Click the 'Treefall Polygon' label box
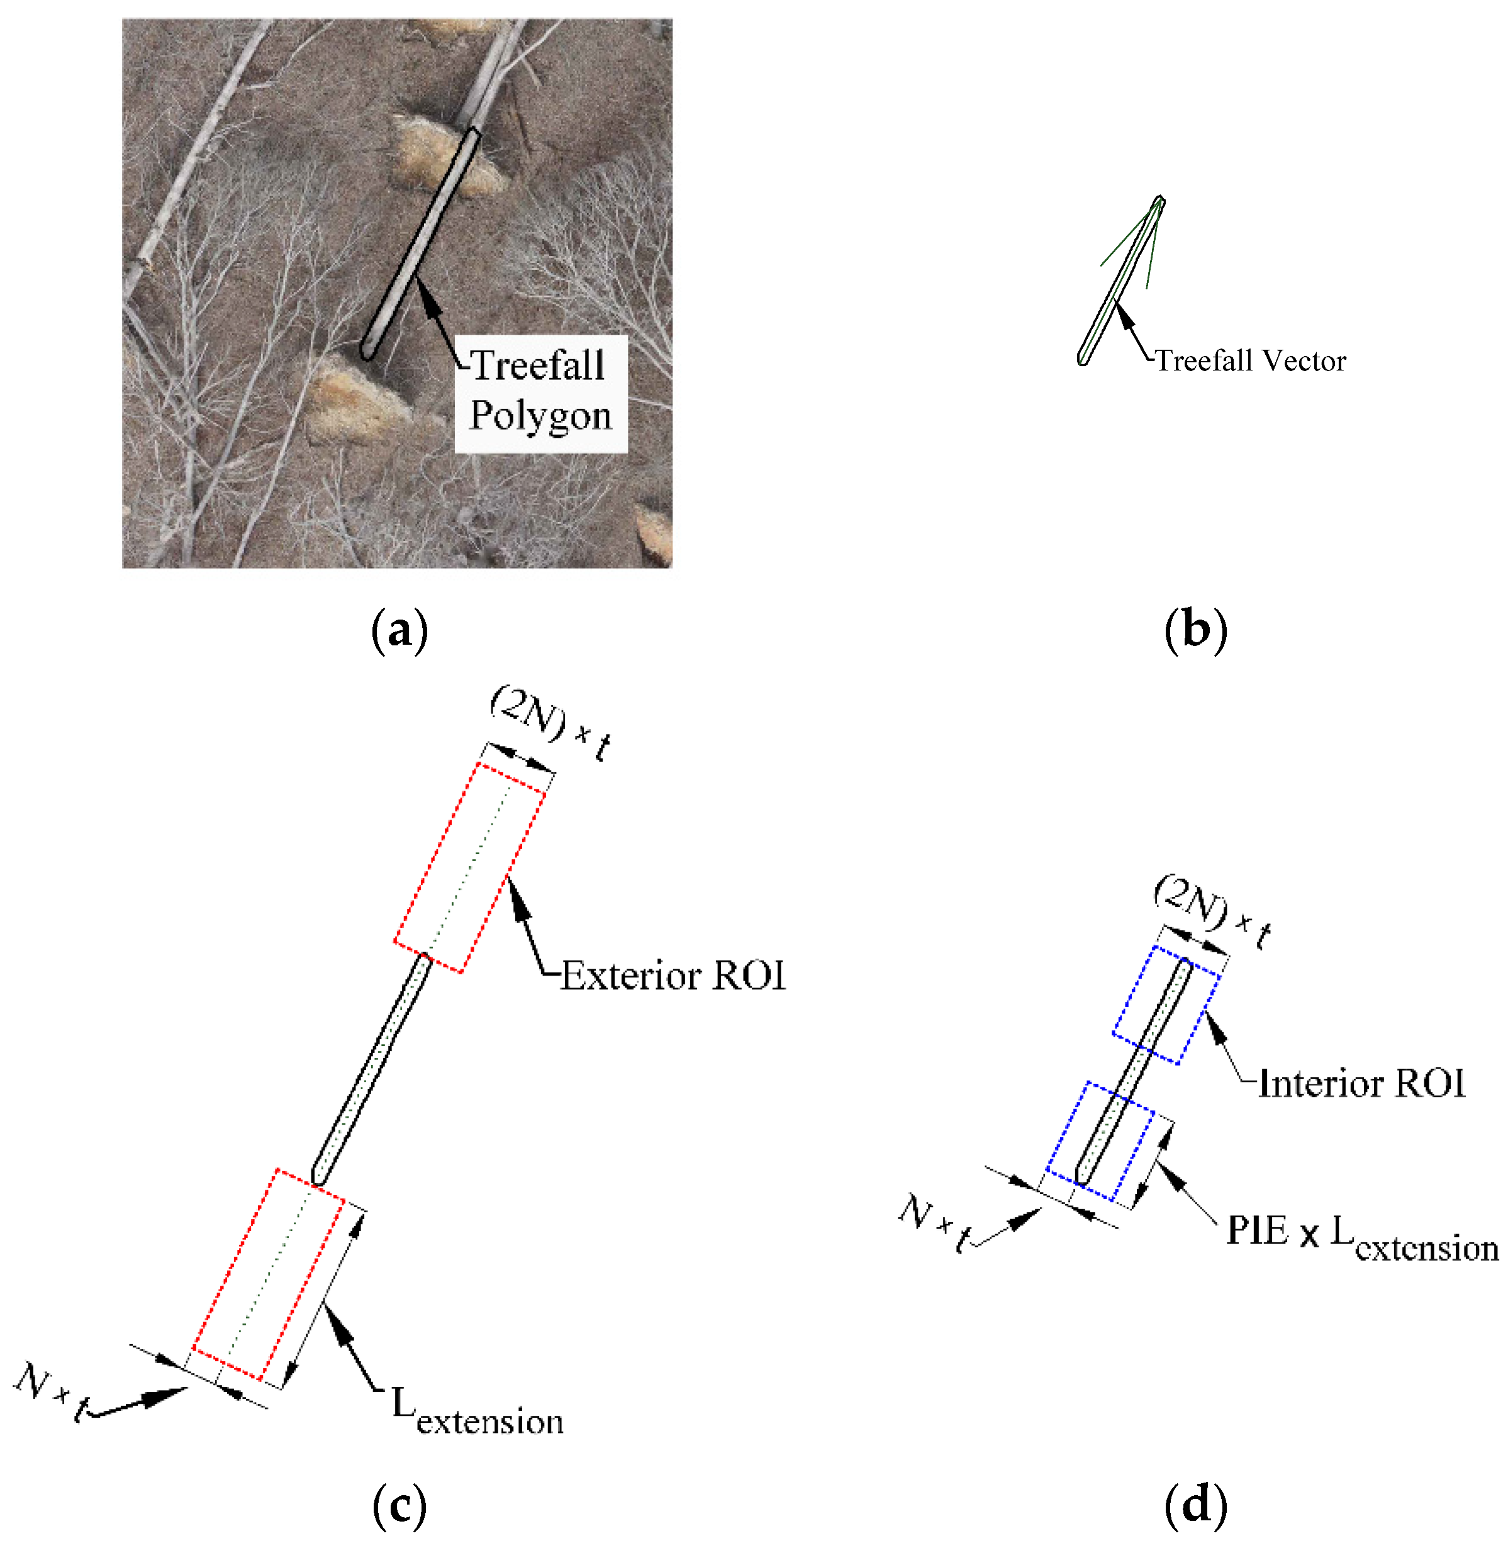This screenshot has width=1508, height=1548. [541, 392]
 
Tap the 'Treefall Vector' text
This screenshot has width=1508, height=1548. [1251, 361]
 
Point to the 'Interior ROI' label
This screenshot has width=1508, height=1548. [1361, 1083]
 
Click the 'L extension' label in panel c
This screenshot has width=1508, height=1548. [478, 1411]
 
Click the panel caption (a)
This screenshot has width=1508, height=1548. [399, 630]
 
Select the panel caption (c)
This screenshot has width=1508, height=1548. [399, 1505]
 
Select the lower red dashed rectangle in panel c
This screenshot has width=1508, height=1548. [269, 1276]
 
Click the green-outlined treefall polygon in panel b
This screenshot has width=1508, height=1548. [1120, 282]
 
